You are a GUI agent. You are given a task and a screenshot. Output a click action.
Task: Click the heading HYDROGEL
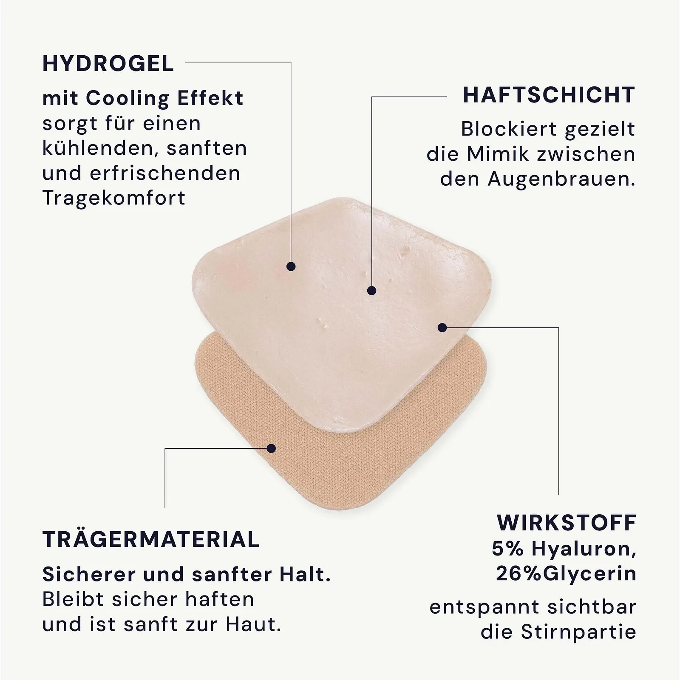pyautogui.click(x=108, y=64)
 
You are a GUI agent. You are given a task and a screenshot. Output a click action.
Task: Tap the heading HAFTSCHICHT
pyautogui.click(x=549, y=95)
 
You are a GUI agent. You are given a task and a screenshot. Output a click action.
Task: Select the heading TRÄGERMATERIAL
pyautogui.click(x=151, y=540)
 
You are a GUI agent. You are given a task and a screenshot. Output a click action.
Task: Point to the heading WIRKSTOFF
pyautogui.click(x=566, y=523)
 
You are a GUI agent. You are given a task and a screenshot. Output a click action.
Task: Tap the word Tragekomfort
pyautogui.click(x=114, y=198)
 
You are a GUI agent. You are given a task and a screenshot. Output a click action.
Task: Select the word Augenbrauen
pyautogui.click(x=561, y=179)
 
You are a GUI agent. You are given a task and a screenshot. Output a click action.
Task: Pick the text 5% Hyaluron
pyautogui.click(x=564, y=549)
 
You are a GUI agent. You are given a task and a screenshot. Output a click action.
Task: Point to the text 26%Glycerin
pyautogui.click(x=566, y=574)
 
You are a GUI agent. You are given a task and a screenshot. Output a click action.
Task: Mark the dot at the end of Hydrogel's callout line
pyautogui.click(x=291, y=266)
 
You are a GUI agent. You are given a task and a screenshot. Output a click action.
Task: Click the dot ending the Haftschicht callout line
pyautogui.click(x=372, y=291)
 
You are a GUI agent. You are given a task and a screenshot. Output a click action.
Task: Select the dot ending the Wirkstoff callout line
pyautogui.click(x=442, y=328)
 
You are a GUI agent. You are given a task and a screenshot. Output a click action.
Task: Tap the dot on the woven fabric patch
pyautogui.click(x=272, y=448)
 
